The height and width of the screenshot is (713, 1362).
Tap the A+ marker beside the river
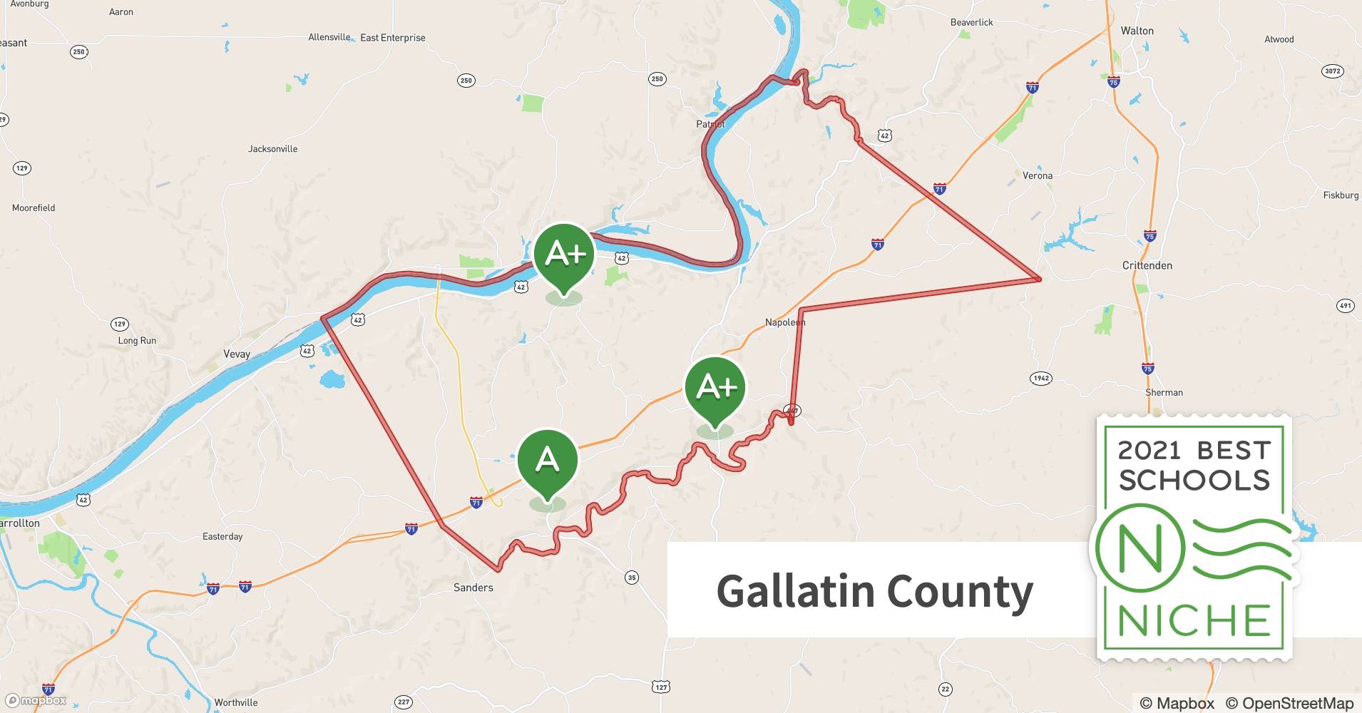click(x=564, y=254)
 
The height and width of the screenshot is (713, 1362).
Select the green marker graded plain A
click(x=547, y=460)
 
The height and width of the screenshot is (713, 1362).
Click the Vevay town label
click(x=237, y=354)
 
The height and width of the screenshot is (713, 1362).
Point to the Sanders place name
click(x=473, y=588)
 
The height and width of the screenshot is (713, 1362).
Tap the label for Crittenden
click(x=1147, y=265)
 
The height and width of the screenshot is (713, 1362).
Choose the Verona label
click(x=1037, y=175)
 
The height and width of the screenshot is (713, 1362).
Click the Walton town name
click(x=1137, y=31)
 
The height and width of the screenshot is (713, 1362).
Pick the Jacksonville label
click(x=272, y=149)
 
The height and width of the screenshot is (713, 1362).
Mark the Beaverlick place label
click(x=971, y=22)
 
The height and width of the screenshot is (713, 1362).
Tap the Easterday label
click(x=222, y=536)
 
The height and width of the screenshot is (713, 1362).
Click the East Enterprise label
click(x=392, y=38)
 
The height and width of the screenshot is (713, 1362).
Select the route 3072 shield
click(x=1332, y=71)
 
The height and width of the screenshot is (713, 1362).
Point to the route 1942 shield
click(x=1041, y=378)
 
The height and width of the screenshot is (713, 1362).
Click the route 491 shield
click(x=1345, y=306)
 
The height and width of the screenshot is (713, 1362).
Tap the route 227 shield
click(x=404, y=702)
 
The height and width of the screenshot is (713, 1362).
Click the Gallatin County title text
click(x=874, y=591)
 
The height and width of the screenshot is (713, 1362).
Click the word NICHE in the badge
click(x=1194, y=620)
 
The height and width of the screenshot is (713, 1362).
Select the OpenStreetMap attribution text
click(x=1289, y=703)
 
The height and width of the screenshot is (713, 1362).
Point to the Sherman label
click(x=1164, y=392)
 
